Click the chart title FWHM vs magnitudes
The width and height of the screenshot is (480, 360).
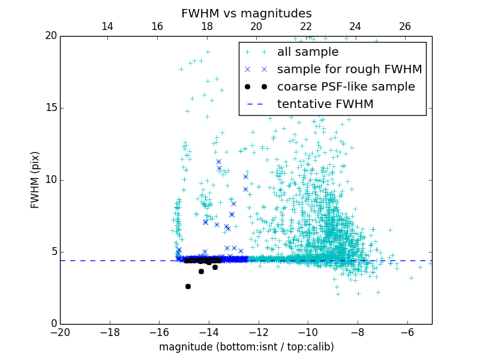[x=246, y=13]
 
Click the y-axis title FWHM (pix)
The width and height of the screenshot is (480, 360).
[x=35, y=179]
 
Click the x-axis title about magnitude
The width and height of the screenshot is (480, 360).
[x=246, y=347]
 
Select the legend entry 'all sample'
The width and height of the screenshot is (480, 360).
[x=308, y=52]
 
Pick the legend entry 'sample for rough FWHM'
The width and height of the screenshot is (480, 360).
[x=349, y=70]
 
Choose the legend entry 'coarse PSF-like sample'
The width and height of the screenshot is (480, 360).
[x=346, y=87]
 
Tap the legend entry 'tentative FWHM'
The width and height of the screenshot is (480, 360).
[x=325, y=104]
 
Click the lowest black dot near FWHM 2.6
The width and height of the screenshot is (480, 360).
[x=188, y=287]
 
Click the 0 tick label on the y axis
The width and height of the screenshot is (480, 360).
[x=53, y=324]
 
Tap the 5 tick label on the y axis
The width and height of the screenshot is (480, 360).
[x=53, y=252]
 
